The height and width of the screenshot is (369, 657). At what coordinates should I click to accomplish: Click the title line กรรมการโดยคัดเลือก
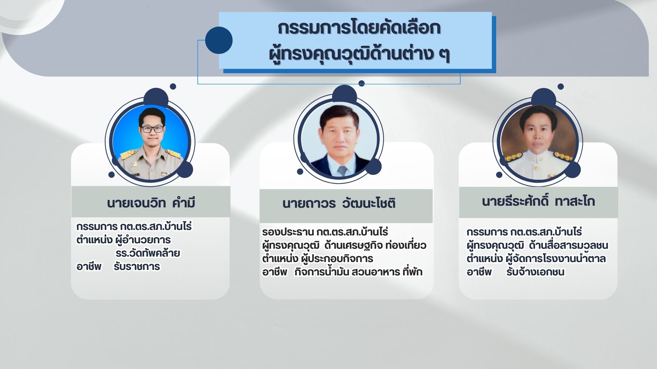tap(359, 28)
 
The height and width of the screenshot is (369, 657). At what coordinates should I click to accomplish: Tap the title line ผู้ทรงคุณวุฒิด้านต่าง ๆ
tap(359, 55)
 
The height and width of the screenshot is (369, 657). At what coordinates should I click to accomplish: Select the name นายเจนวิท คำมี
tap(151, 203)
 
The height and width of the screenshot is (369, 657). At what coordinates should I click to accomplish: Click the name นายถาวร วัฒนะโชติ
tap(339, 203)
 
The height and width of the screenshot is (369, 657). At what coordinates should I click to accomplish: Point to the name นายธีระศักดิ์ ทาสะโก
tap(538, 201)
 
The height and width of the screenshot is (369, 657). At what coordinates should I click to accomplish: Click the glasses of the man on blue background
tap(152, 129)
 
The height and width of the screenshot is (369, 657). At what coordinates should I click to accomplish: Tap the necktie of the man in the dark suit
tap(343, 170)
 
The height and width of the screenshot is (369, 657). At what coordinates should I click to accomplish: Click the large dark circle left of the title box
tap(219, 40)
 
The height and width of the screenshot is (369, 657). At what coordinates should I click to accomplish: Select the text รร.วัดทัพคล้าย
tap(148, 254)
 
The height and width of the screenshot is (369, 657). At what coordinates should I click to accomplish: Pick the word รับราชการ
tap(137, 266)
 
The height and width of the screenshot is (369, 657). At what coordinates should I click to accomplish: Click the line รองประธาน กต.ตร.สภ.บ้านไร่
tap(325, 232)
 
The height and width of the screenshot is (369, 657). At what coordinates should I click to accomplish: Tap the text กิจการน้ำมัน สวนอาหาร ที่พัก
tap(358, 272)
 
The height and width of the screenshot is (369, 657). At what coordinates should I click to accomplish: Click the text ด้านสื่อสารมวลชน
tap(568, 245)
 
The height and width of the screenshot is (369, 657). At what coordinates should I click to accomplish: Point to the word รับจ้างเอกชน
tap(535, 272)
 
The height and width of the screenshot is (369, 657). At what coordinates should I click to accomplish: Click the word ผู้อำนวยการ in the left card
tap(143, 240)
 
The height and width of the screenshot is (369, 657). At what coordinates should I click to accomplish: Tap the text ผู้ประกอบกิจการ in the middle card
tap(337, 259)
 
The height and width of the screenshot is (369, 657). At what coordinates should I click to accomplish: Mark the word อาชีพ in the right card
tap(479, 272)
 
